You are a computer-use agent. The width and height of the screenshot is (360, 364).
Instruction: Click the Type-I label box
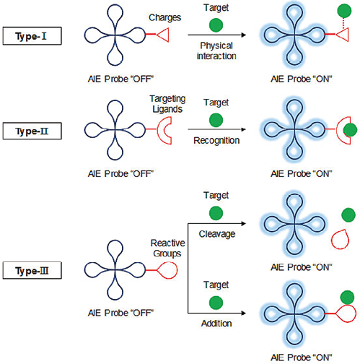click(32, 36)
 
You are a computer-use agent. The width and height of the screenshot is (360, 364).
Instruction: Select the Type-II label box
click(32, 131)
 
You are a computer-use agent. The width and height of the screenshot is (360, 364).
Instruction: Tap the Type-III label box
click(32, 270)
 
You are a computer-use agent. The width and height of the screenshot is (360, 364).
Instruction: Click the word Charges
click(164, 17)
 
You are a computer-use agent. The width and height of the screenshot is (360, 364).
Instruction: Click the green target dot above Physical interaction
click(216, 25)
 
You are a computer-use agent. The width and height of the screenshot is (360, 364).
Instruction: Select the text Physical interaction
click(216, 51)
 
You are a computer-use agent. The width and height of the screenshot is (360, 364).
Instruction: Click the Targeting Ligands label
click(167, 104)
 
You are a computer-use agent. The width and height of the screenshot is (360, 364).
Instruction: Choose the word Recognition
click(216, 140)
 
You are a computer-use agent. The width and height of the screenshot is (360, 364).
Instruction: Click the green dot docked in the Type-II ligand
click(350, 130)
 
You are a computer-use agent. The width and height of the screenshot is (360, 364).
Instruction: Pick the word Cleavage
click(217, 234)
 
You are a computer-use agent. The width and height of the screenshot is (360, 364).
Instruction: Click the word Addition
click(216, 324)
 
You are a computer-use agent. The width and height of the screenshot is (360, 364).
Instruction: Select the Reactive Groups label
click(167, 248)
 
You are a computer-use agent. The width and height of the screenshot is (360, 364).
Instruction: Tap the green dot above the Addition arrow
click(216, 303)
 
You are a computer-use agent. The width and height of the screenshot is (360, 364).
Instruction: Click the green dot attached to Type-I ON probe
click(344, 11)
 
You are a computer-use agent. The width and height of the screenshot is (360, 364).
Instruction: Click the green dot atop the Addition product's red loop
click(347, 298)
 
